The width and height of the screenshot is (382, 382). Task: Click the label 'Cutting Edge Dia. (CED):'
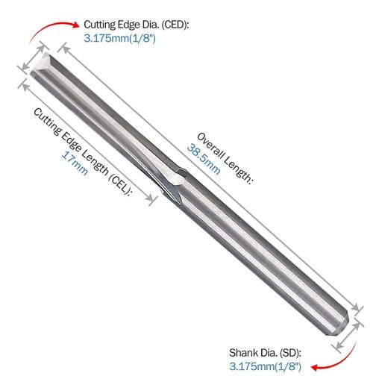coord(137,24)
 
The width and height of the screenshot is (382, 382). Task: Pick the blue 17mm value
coord(75,163)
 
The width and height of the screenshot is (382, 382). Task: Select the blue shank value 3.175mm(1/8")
coord(265,366)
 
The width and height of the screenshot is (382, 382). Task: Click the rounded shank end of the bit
coord(348,317)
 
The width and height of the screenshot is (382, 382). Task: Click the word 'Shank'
coord(241,351)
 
